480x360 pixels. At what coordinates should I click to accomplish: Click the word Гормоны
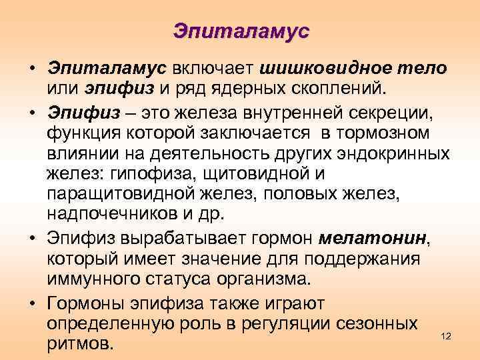point(85,303)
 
